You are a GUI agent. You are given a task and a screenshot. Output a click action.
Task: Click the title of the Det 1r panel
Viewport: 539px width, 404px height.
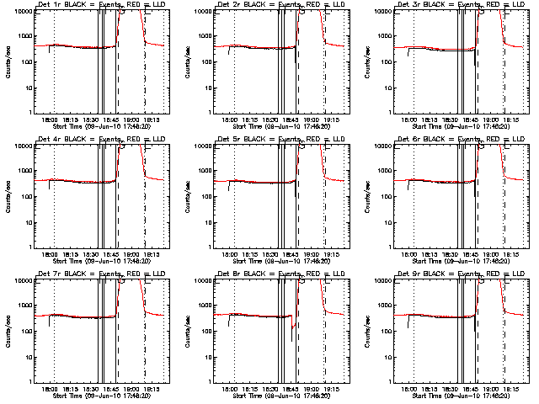tap(97, 6)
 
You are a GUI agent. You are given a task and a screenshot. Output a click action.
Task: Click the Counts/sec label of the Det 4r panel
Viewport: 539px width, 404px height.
tap(10, 195)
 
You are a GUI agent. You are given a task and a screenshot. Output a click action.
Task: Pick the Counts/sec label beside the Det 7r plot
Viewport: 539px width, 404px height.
tap(10, 330)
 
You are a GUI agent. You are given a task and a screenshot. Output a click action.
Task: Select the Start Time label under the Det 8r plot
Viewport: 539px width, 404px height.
tap(274, 396)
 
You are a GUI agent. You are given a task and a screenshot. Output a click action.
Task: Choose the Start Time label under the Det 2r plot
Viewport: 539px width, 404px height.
tap(274, 126)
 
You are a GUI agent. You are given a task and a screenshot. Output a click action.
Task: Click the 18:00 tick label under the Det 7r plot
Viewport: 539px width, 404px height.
tap(50, 389)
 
